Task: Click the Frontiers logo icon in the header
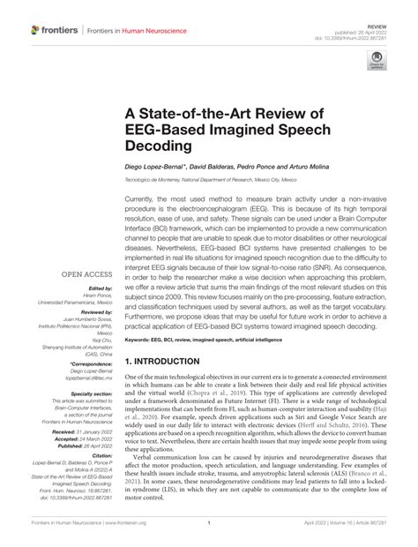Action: click(x=36, y=30)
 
